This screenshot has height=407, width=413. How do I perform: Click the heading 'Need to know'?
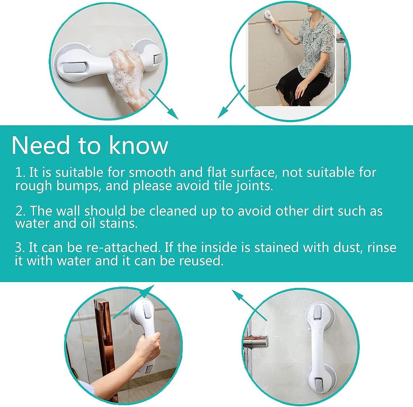click(90, 145)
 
